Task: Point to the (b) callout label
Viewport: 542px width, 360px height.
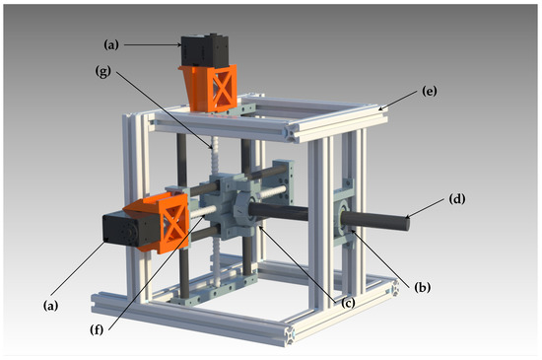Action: pyautogui.click(x=424, y=287)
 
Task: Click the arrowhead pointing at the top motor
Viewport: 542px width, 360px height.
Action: pyautogui.click(x=177, y=43)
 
